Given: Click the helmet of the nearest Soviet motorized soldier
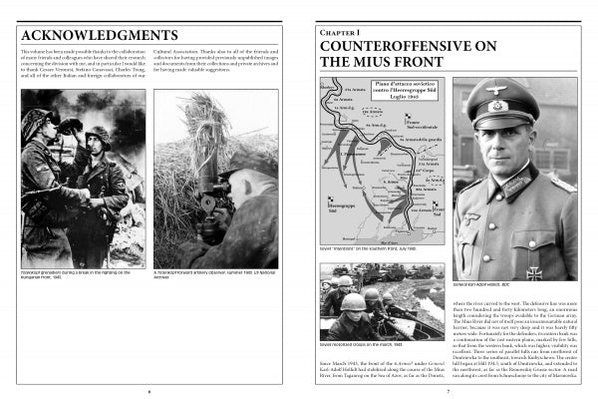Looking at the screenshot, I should pos(354,301).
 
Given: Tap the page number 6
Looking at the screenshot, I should pos(149,391).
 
